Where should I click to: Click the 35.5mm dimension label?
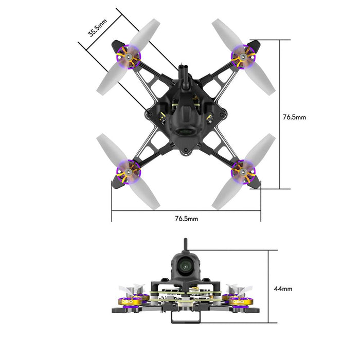97,28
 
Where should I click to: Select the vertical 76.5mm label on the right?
294,117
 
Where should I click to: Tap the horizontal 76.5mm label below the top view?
186,219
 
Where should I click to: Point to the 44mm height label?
283,289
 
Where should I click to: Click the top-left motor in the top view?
128,57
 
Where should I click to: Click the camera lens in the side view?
186,266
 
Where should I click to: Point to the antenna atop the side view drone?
186,244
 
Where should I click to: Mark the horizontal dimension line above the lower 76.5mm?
186,210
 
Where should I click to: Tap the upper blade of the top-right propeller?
225,32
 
